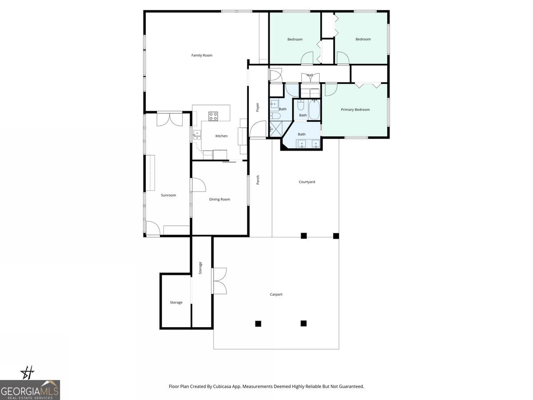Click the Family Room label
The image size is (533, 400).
coord(202,56)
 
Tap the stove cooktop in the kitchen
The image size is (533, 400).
coord(213,116)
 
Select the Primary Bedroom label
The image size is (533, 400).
coord(355,110)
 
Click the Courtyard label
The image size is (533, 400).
coord(306,182)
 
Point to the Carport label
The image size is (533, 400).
coord(276,294)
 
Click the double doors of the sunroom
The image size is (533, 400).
coord(169,120)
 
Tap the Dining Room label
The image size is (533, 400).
coord(219,200)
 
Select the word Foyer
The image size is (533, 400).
coord(257,107)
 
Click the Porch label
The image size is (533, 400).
coord(258,180)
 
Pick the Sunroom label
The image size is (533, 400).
coord(168,195)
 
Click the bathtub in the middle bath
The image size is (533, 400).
coord(314,110)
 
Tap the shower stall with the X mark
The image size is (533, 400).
coord(275,129)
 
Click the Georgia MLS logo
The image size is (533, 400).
coord(30,390)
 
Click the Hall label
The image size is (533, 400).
coord(310,75)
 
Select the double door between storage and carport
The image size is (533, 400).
coord(220,281)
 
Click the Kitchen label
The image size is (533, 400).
coord(221,136)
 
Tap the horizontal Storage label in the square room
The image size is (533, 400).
coord(176,303)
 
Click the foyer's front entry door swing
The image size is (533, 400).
coord(257,130)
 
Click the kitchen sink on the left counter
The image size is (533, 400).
coord(196,135)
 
